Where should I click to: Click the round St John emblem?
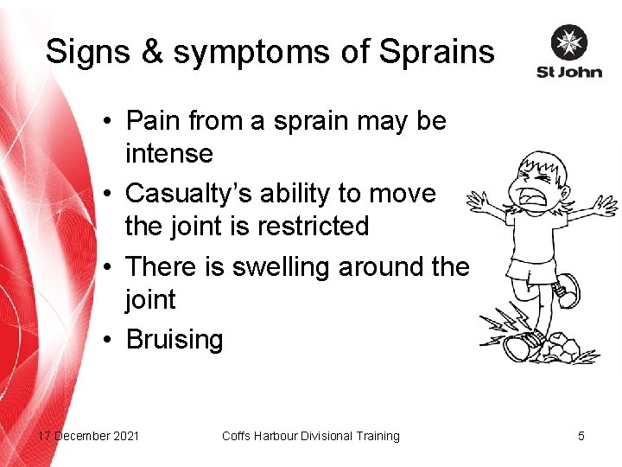568,42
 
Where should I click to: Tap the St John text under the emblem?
568,72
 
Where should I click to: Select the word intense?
168,154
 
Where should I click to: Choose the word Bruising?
175,340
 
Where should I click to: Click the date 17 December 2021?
87,436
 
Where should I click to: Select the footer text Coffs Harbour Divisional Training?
310,436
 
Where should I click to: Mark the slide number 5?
581,436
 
